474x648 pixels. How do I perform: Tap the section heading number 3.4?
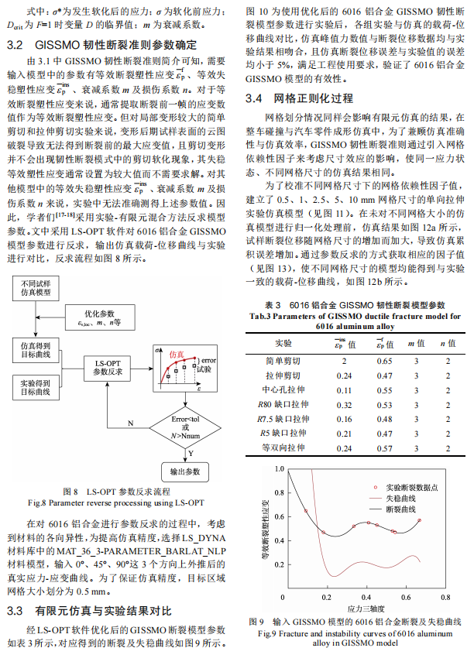click(256, 99)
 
